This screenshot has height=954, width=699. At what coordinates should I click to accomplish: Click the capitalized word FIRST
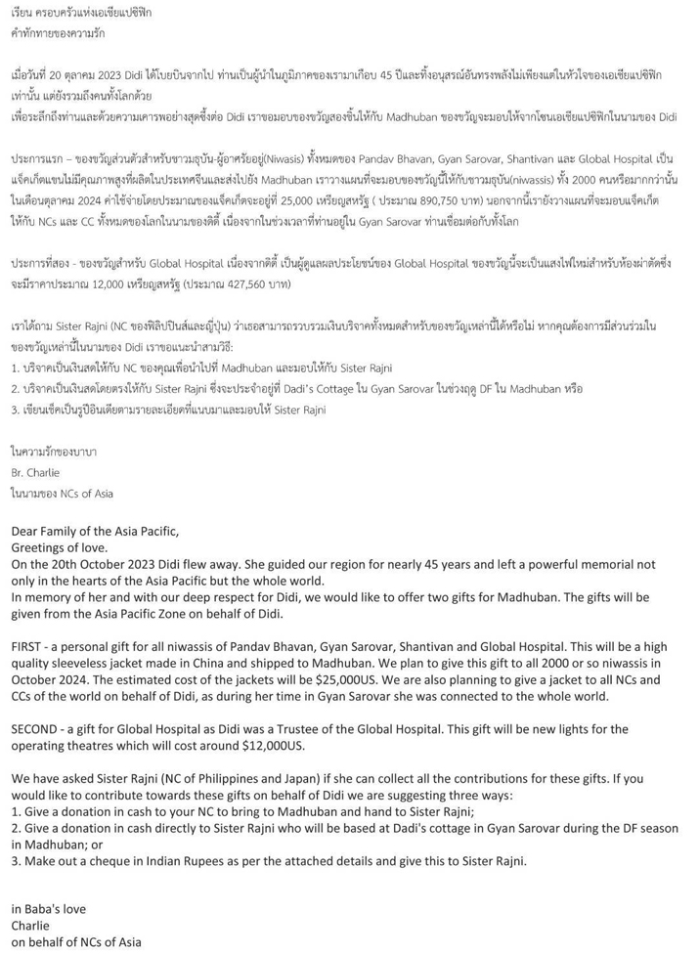pos(28,647)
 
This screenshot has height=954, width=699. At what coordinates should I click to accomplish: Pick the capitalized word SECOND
pos(35,729)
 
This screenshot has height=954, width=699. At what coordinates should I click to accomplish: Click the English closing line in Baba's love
pos(49,909)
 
